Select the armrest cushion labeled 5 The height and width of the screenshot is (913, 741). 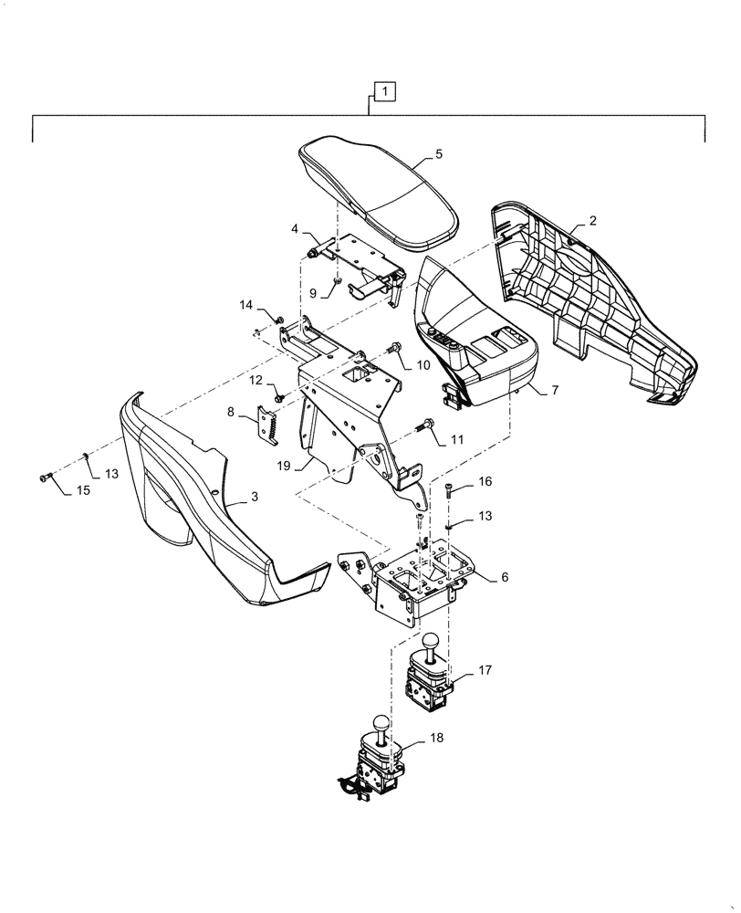point(379,192)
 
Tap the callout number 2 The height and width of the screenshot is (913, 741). point(593,221)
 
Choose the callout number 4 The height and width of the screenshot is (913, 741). point(295,228)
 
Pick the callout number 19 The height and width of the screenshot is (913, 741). point(284,465)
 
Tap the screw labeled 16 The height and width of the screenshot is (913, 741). point(451,491)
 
